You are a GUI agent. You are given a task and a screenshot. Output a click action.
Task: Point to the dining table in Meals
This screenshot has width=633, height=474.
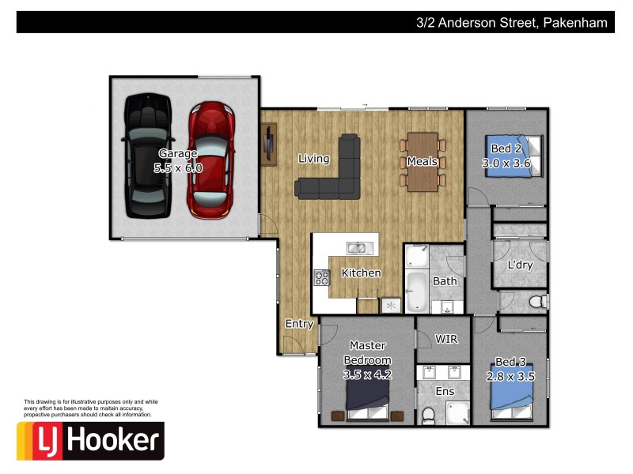pyautogui.click(x=423, y=162)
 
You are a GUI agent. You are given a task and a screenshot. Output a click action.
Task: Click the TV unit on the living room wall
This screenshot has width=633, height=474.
pyautogui.click(x=269, y=144)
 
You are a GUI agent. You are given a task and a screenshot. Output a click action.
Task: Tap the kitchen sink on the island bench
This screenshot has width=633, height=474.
pyautogui.click(x=357, y=248)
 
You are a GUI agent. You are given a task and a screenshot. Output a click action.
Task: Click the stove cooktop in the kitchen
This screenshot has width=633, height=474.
pyautogui.click(x=322, y=277)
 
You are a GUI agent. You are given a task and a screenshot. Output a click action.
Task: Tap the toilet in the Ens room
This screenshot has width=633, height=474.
pyautogui.click(x=427, y=415)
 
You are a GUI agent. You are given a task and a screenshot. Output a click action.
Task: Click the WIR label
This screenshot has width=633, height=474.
pyautogui.click(x=446, y=338)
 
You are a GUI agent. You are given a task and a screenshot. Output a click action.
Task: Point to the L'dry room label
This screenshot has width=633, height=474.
pyautogui.click(x=520, y=265)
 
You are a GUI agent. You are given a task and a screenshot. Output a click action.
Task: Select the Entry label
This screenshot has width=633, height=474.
pyautogui.click(x=299, y=324)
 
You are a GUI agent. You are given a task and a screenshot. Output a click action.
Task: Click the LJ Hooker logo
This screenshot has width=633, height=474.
pyautogui.click(x=90, y=440)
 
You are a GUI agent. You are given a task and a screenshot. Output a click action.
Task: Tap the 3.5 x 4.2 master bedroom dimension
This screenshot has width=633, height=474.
pyautogui.click(x=368, y=374)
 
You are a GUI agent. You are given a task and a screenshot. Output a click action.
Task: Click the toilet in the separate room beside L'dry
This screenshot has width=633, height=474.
pyautogui.click(x=537, y=300)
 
